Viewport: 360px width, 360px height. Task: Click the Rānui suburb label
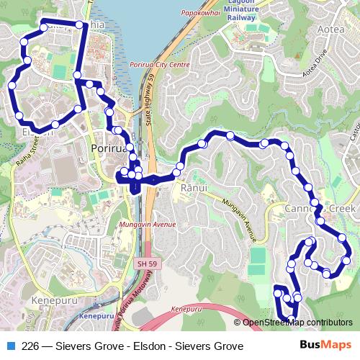tap(194, 188)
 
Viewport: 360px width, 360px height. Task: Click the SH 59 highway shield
tap(144, 264)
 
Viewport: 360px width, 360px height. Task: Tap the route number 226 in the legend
tap(31, 346)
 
